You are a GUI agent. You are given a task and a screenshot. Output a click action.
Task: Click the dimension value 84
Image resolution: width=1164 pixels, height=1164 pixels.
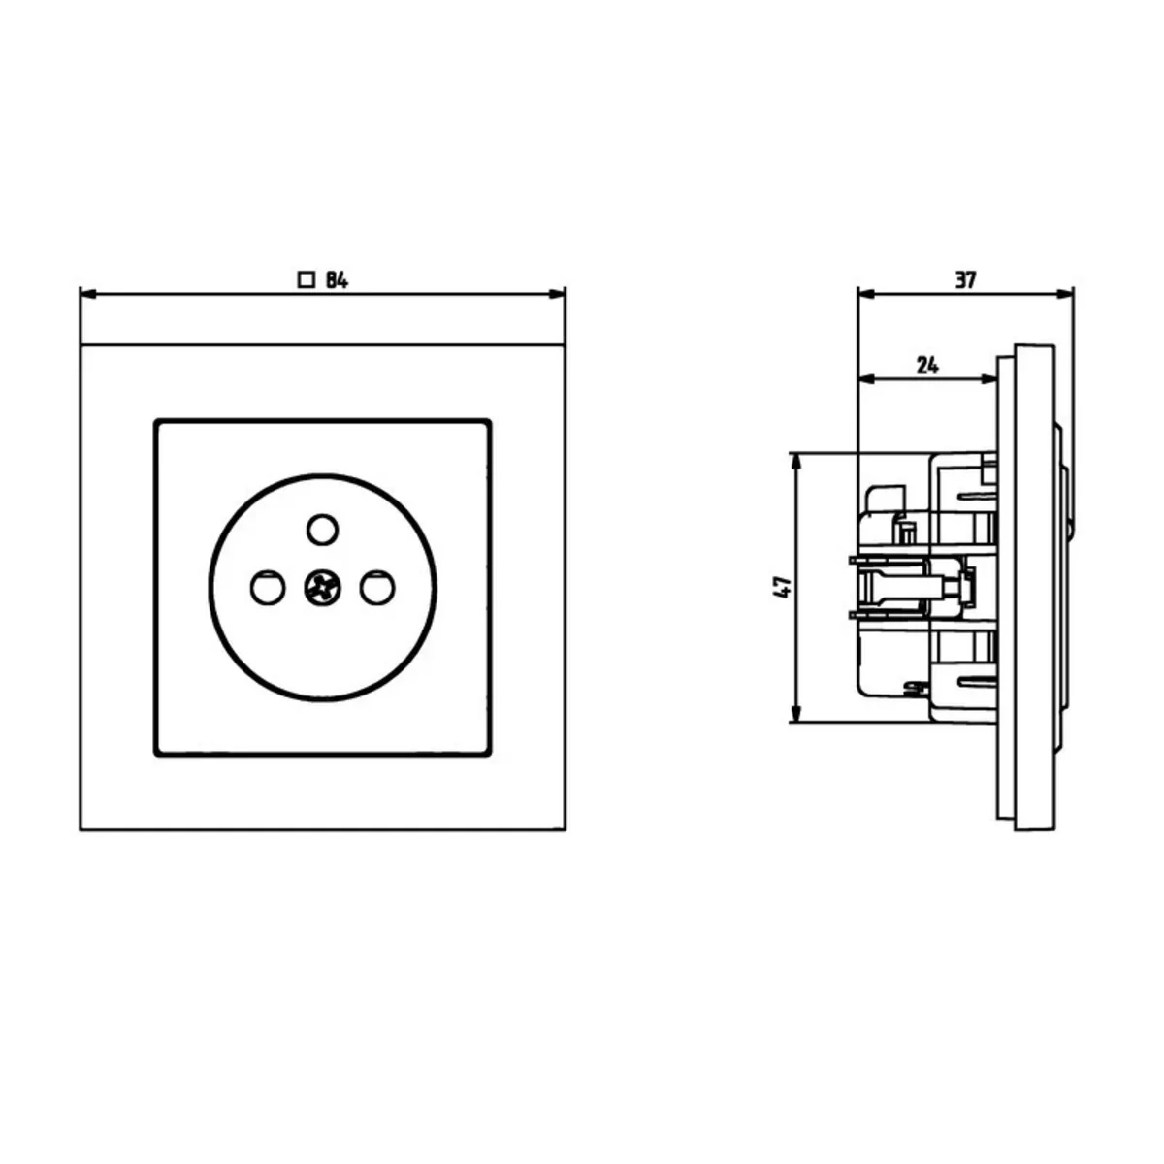337,280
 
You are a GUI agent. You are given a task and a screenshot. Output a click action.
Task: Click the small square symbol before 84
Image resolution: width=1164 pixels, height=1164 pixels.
307,280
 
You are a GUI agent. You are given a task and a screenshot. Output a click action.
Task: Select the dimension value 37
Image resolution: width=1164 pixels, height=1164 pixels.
965,279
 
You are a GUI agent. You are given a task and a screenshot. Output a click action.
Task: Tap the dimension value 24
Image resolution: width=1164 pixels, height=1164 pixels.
928,366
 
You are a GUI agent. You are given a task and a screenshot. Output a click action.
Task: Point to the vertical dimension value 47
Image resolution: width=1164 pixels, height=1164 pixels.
782,587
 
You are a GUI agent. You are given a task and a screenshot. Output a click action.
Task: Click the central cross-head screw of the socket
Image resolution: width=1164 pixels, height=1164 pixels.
323,587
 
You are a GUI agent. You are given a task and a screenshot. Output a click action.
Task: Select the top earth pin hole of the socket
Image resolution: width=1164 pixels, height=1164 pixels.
323,530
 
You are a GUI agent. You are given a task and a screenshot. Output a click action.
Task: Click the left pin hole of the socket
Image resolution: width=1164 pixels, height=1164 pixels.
268,587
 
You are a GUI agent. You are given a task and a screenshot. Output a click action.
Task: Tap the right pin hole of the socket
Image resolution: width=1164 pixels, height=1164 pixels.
377,587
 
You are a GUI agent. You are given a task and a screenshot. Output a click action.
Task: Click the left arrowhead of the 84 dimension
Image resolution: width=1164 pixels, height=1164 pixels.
88,294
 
